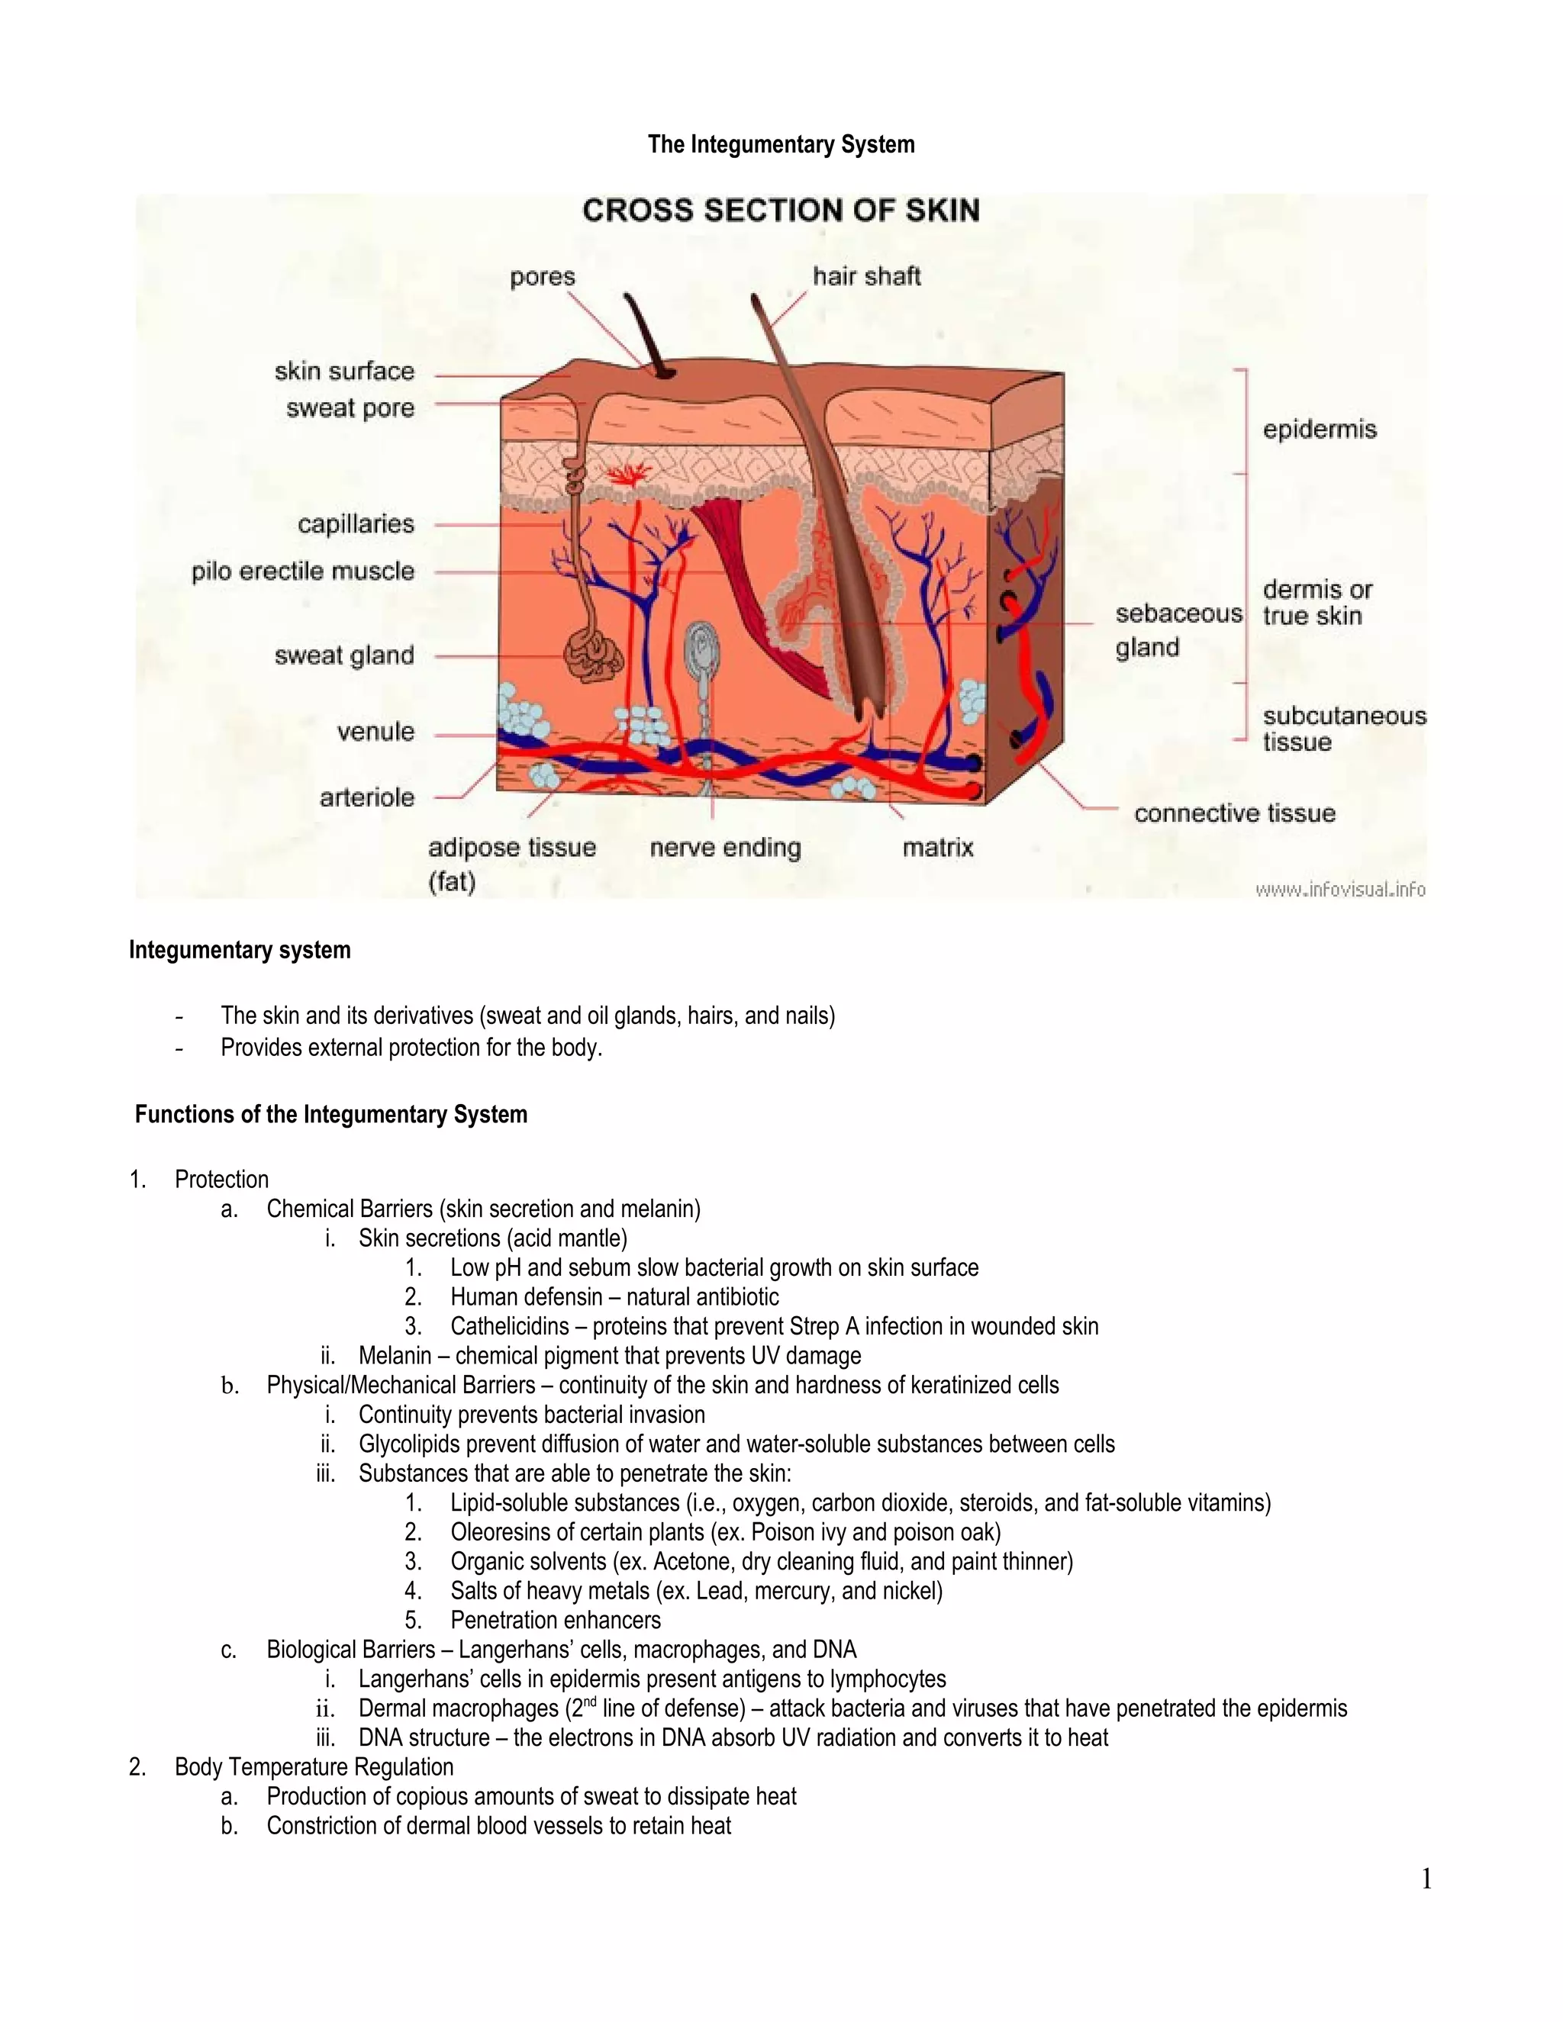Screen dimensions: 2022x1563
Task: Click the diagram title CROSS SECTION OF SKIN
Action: click(781, 210)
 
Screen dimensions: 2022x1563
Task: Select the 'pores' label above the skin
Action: click(543, 277)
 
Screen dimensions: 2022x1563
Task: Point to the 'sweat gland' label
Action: click(343, 655)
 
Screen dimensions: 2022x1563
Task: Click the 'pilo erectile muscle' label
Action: click(303, 572)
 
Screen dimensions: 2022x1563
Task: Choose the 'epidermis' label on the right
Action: click(1320, 430)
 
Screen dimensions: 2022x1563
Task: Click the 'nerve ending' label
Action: click(725, 847)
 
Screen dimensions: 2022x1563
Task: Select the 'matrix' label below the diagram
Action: click(938, 847)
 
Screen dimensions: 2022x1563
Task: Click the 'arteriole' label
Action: click(366, 797)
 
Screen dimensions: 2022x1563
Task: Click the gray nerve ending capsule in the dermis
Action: click(701, 650)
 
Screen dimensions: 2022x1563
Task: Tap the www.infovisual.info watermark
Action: click(1340, 890)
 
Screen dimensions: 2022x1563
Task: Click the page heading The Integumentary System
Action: click(781, 144)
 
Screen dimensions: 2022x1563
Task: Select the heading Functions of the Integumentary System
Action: click(330, 1114)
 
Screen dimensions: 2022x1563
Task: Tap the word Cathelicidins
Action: click(509, 1326)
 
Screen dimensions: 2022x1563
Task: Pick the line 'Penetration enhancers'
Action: click(556, 1620)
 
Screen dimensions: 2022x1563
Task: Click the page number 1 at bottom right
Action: click(1426, 1879)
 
